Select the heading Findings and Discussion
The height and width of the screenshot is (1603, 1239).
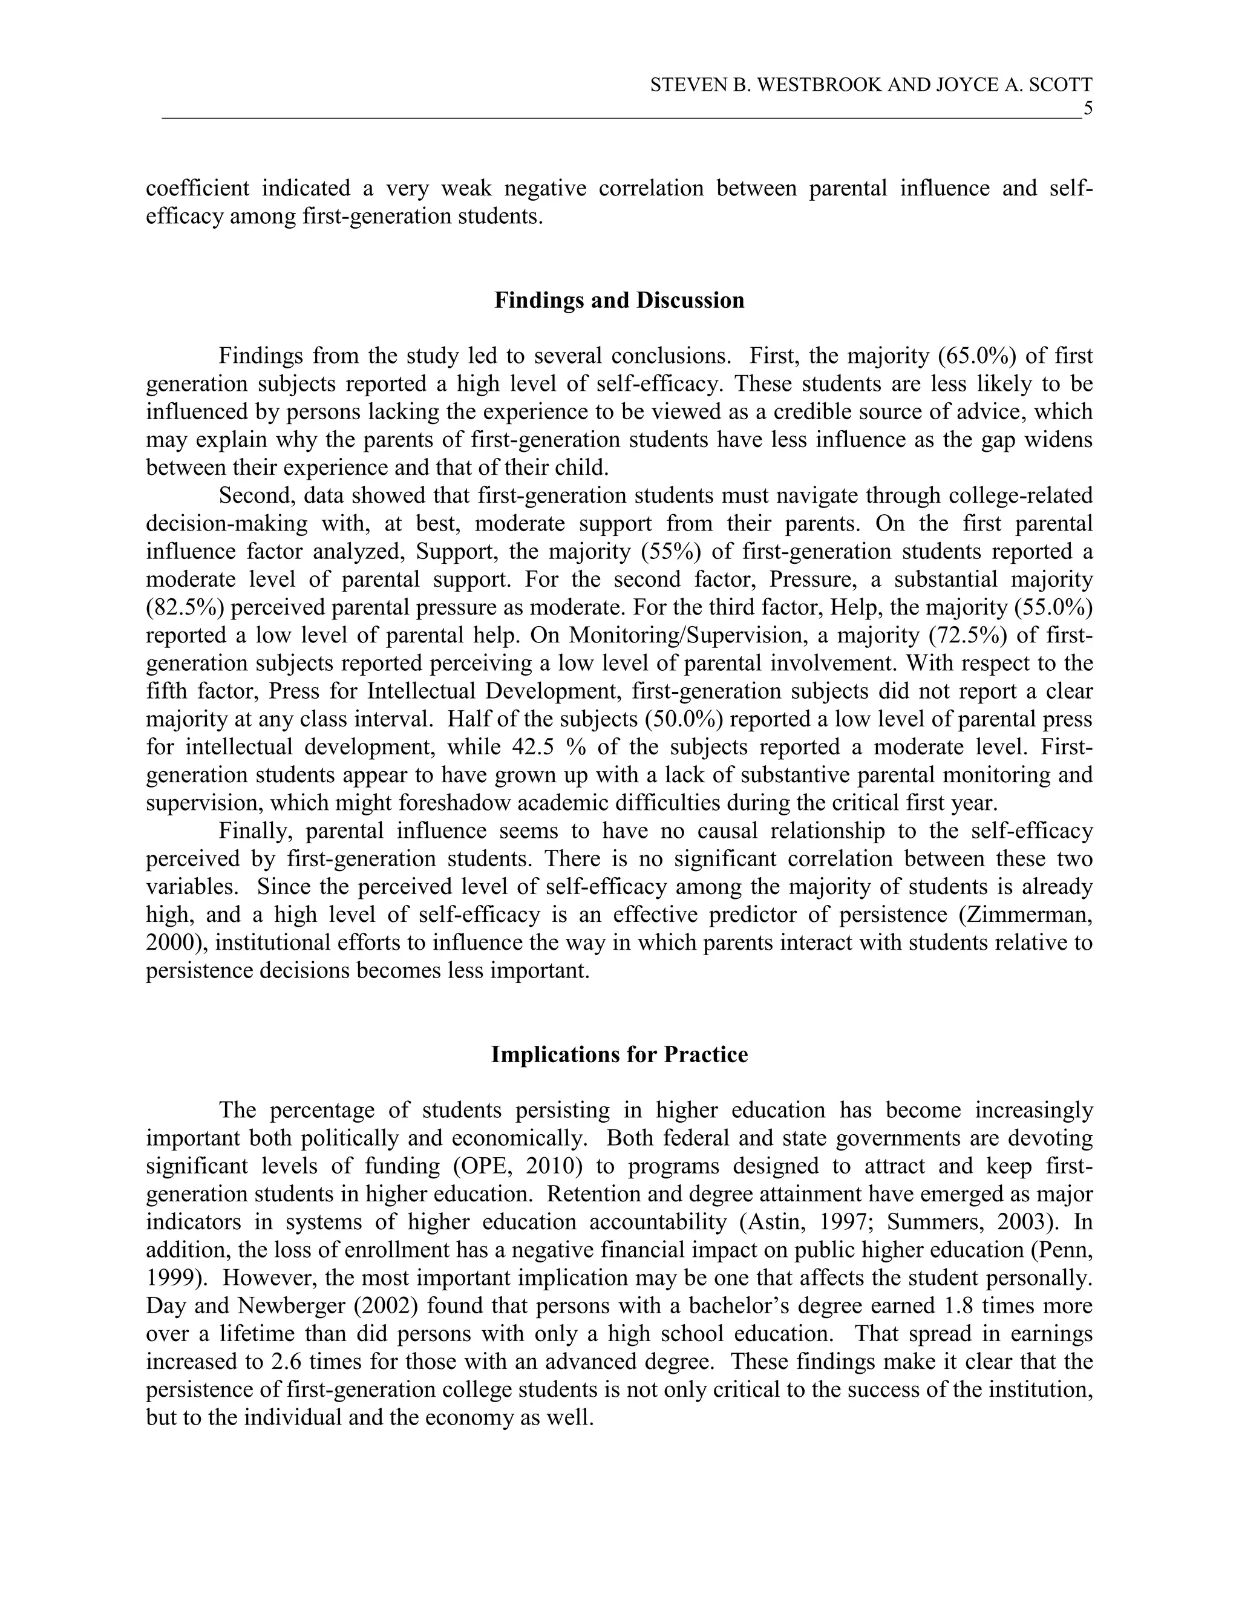coord(619,300)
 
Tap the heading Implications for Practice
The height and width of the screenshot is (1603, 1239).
coord(619,1055)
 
